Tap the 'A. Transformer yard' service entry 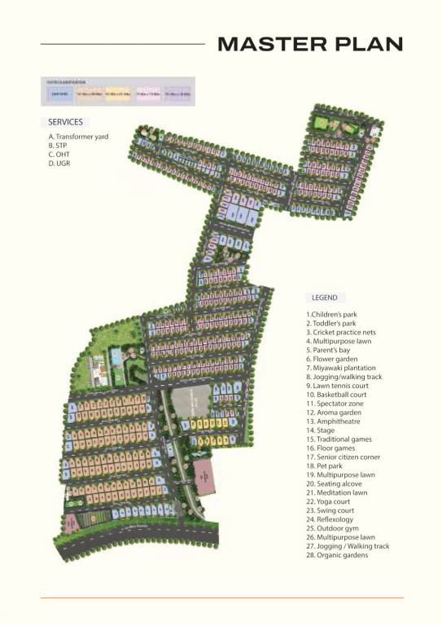pos(78,137)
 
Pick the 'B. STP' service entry pos(59,146)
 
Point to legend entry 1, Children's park pos(331,314)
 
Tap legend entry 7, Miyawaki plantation pos(341,368)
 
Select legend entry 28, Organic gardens pos(337,555)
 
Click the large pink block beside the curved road pos(204,476)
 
